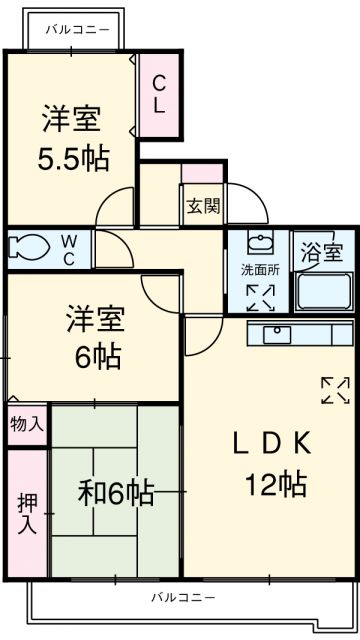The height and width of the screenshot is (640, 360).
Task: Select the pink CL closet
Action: pyautogui.click(x=160, y=94)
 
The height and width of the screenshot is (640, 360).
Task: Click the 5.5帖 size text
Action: pyautogui.click(x=75, y=157)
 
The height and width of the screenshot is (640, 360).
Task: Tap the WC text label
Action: pyautogui.click(x=68, y=246)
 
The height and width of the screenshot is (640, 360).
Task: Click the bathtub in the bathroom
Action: pyautogui.click(x=323, y=290)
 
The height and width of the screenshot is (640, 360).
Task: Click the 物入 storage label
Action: pyautogui.click(x=26, y=424)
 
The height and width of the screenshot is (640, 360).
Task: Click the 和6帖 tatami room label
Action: pyautogui.click(x=116, y=493)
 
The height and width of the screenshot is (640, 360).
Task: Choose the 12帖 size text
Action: pyautogui.click(x=272, y=486)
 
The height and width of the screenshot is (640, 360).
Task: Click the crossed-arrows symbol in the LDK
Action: pyautogui.click(x=334, y=390)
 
